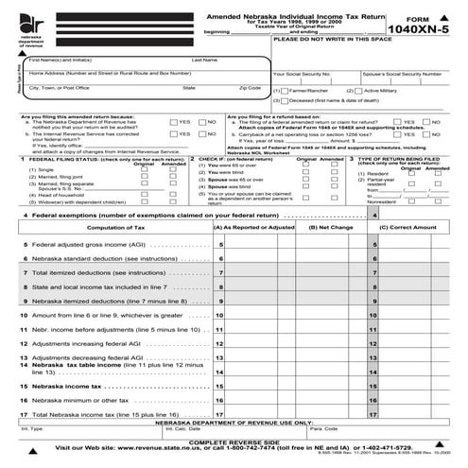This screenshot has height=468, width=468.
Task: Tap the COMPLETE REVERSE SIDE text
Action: coord(234,442)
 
